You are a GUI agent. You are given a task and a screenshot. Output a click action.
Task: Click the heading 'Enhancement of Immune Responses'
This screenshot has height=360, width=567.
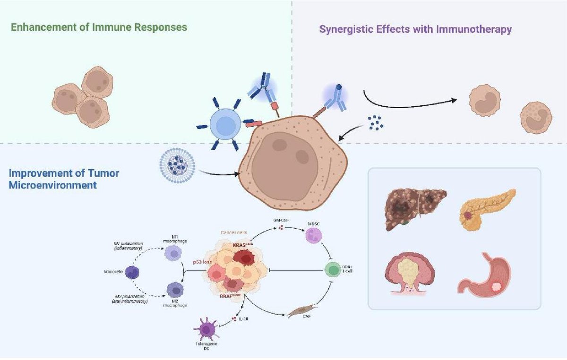pyautogui.click(x=99, y=27)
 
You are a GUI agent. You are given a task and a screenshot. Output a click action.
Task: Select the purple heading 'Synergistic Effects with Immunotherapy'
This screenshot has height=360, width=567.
pyautogui.click(x=416, y=30)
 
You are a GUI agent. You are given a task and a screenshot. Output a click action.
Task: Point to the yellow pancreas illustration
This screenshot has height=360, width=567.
pyautogui.click(x=487, y=209)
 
